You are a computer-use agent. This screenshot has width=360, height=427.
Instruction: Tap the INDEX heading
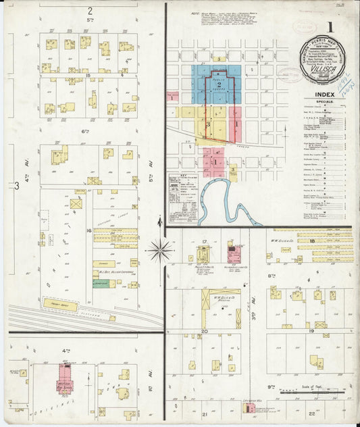tap(324, 95)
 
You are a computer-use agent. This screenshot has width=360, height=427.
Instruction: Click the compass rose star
tap(160, 251)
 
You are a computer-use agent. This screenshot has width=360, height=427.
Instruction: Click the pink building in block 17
tap(234, 255)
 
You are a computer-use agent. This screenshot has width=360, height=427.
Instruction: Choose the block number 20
tap(204, 332)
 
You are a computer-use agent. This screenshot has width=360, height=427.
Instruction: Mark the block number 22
tap(311, 413)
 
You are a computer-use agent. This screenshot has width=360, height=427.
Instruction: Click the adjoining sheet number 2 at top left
tap(89, 11)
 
